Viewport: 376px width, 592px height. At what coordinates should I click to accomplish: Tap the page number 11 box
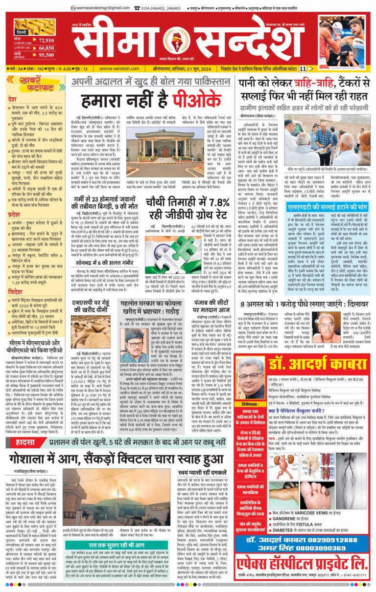coord(317,69)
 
